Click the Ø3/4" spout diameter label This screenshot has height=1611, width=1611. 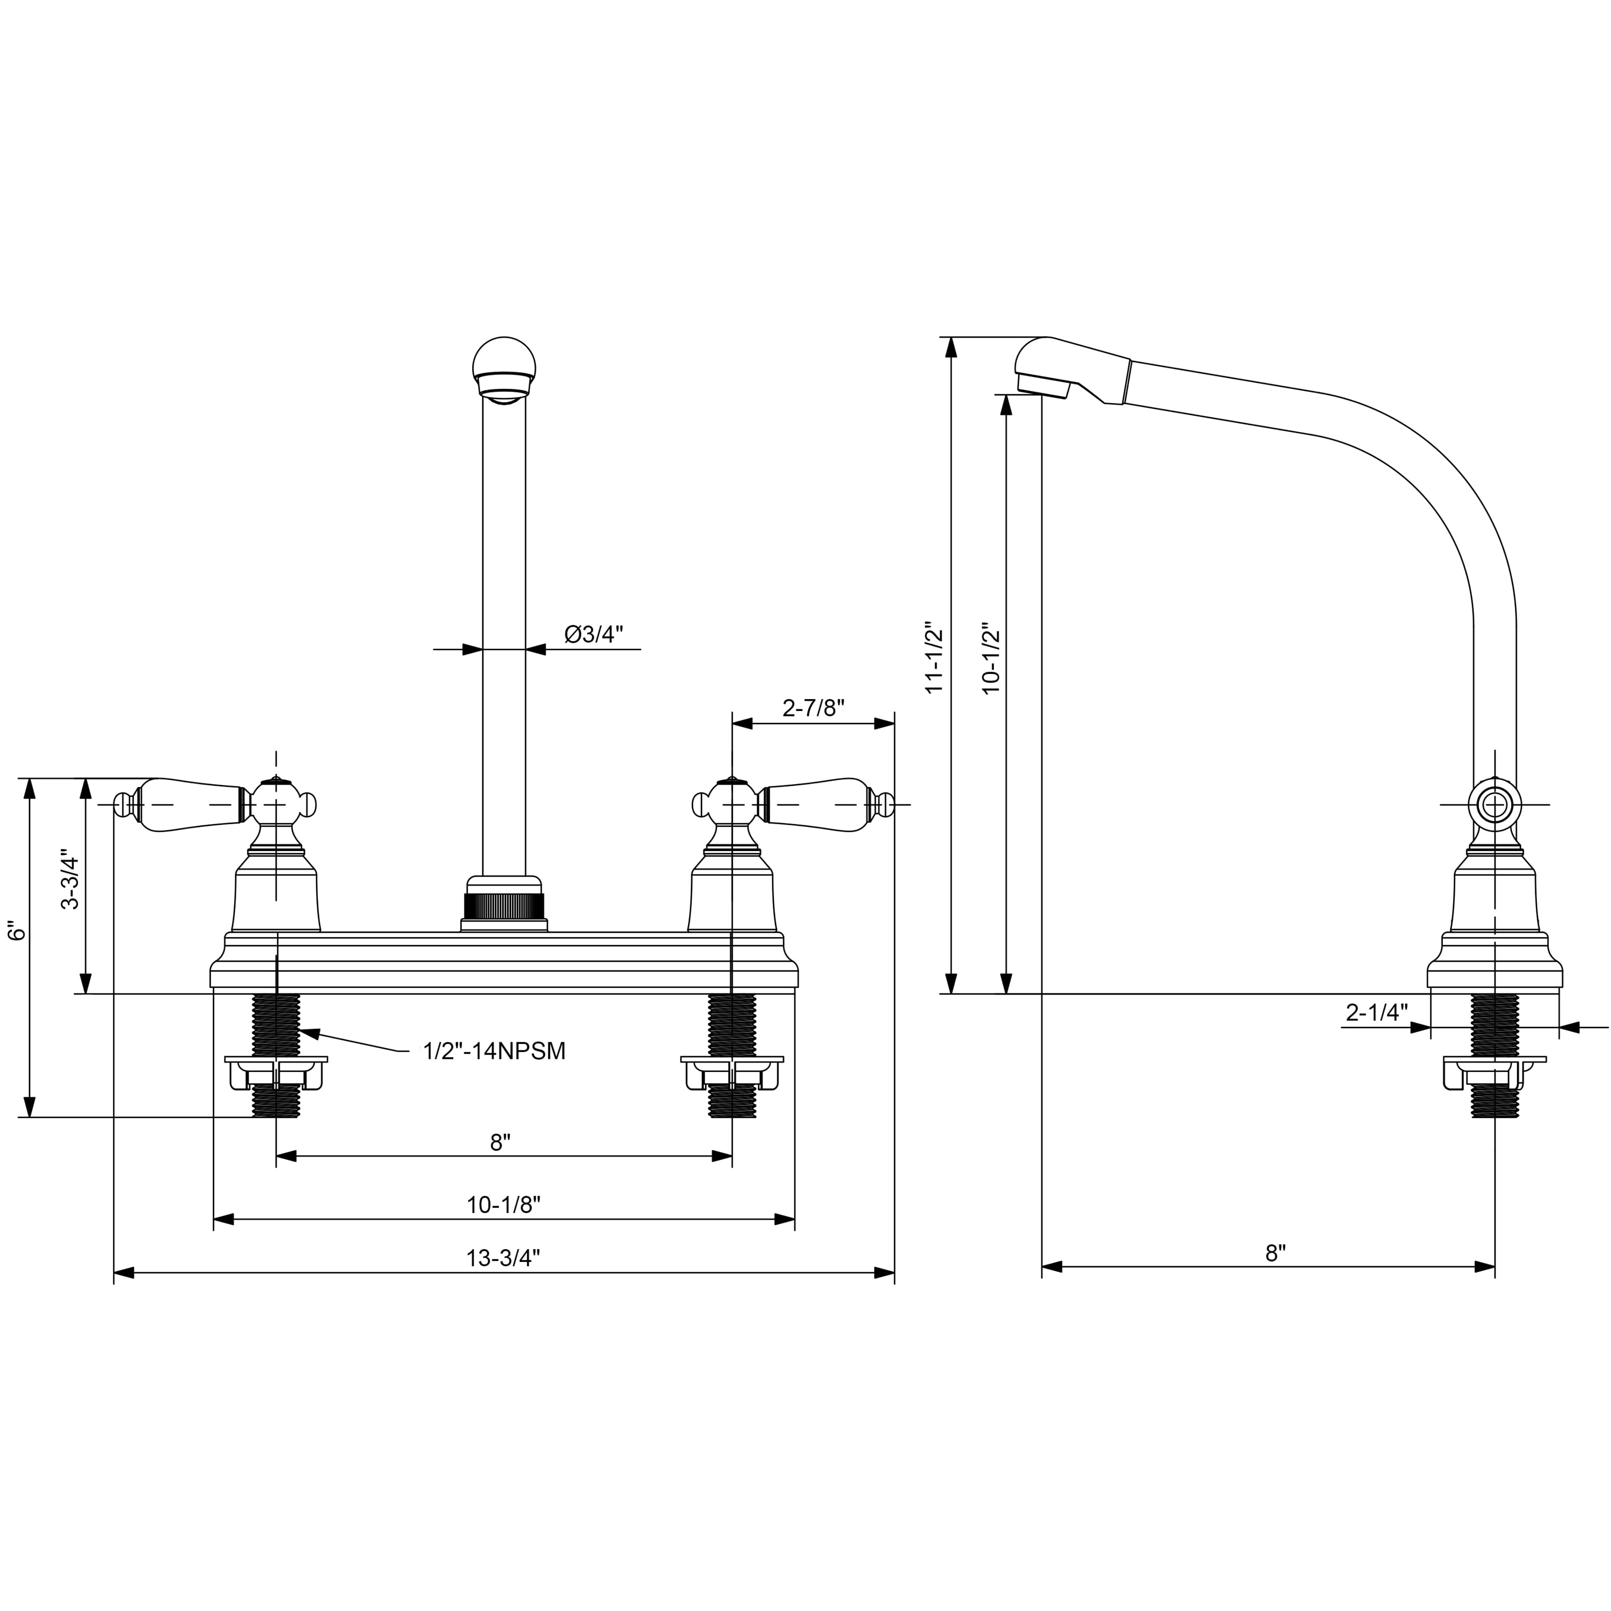(x=594, y=635)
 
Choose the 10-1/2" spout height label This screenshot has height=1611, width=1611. (x=990, y=657)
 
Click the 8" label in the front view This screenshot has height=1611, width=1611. (x=500, y=1142)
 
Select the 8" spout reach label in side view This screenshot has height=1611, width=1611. (x=1276, y=1253)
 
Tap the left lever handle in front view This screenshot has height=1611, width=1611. (x=188, y=804)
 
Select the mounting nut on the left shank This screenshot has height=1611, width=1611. (x=276, y=1072)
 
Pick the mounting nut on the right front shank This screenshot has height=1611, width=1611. (x=732, y=1072)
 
